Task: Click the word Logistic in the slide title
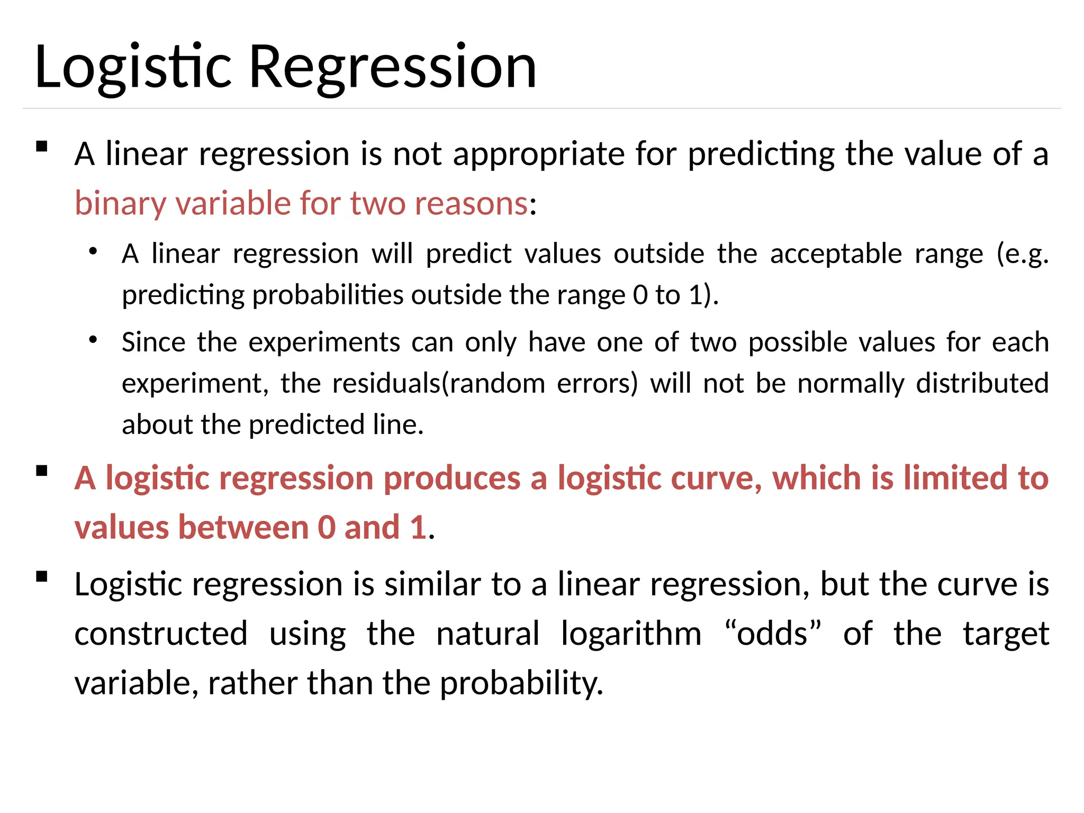[132, 68]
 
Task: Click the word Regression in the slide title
[392, 68]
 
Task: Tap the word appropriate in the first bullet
[538, 154]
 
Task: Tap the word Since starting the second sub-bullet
[153, 342]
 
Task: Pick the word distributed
[982, 383]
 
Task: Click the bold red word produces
[452, 478]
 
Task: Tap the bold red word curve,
[712, 478]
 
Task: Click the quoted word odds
[772, 634]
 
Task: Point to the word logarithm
[631, 634]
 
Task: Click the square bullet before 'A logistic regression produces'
[42, 471]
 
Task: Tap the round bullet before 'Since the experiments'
[93, 339]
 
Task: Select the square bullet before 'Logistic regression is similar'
[42, 576]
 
